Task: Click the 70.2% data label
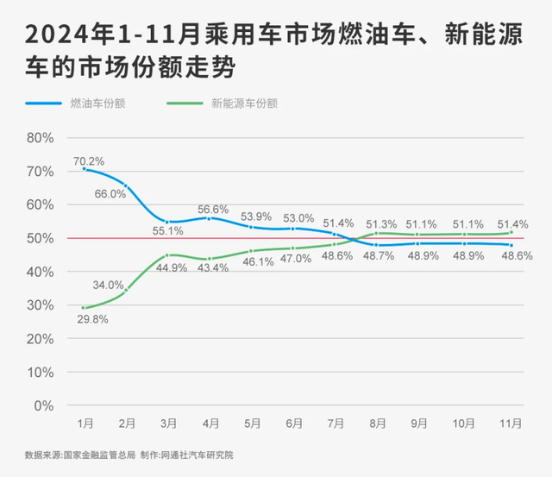click(89, 160)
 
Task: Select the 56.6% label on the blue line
click(213, 210)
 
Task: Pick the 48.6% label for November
click(516, 257)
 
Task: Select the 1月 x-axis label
click(85, 424)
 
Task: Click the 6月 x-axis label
click(294, 424)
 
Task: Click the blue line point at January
click(84, 169)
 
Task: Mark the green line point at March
click(168, 255)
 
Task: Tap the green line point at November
click(511, 232)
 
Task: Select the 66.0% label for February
click(110, 194)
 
